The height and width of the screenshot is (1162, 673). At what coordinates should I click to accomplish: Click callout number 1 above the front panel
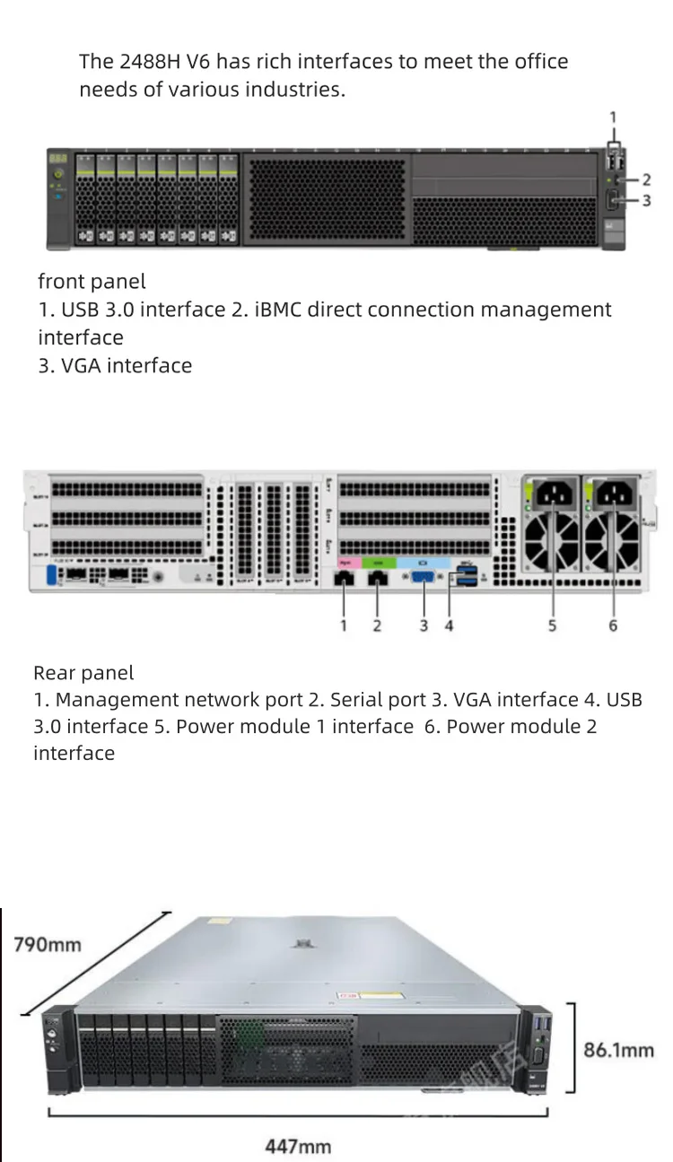pyautogui.click(x=614, y=117)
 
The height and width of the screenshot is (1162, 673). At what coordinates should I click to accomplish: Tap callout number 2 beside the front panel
pyautogui.click(x=646, y=180)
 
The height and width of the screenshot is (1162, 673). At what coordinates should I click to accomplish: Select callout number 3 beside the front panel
pyautogui.click(x=646, y=201)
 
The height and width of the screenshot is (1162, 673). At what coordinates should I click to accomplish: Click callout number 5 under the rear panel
pyautogui.click(x=552, y=625)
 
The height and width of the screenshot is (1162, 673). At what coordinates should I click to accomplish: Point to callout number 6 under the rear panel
pyautogui.click(x=613, y=625)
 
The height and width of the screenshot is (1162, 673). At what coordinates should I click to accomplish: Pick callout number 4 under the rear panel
pyautogui.click(x=449, y=625)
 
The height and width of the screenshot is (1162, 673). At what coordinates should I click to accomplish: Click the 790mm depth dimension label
pyautogui.click(x=47, y=944)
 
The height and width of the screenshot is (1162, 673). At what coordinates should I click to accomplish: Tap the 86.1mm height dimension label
pyautogui.click(x=619, y=1049)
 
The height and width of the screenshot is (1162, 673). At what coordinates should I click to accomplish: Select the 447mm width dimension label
pyautogui.click(x=298, y=1146)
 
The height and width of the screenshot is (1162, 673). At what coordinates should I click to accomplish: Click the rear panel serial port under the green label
pyautogui.click(x=379, y=579)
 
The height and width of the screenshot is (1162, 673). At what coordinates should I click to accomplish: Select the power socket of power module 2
pyautogui.click(x=616, y=494)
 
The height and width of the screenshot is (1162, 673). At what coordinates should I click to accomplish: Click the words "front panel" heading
pyautogui.click(x=92, y=282)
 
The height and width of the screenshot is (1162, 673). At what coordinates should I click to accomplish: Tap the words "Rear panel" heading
pyautogui.click(x=83, y=673)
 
